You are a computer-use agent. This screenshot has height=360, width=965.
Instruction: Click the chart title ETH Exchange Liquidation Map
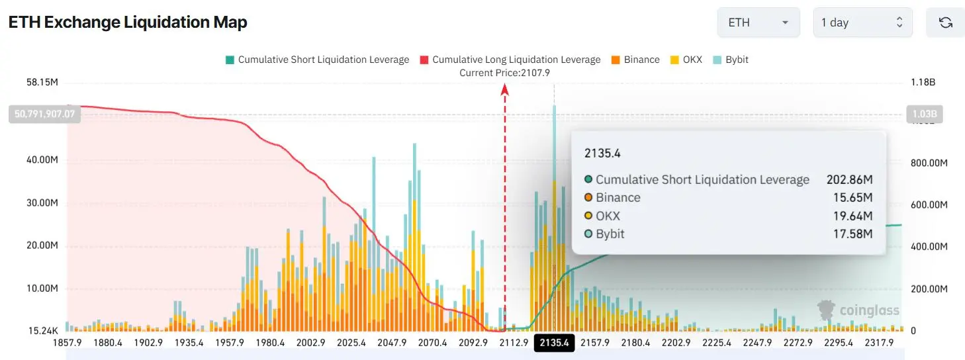point(128,22)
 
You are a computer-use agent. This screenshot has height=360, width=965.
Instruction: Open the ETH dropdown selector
point(758,22)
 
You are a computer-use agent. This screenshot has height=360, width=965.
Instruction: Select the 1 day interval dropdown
point(862,22)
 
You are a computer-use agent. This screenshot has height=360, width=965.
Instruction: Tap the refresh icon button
point(945,22)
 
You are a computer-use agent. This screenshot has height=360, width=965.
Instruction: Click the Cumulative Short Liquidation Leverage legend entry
point(317,60)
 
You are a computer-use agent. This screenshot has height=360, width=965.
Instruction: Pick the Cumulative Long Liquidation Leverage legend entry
point(510,60)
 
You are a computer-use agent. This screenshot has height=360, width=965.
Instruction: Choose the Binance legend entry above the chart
point(635,60)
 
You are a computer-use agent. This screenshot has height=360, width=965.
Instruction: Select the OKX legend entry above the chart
point(686,60)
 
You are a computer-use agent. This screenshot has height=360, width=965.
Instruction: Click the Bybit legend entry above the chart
point(730,60)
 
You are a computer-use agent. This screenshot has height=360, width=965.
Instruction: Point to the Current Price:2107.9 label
point(505,73)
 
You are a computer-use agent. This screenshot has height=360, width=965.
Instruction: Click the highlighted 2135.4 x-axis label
point(554,343)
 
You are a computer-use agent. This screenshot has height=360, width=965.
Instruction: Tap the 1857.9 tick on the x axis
point(68,343)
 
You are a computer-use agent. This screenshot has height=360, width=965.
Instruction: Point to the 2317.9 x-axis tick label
point(878,343)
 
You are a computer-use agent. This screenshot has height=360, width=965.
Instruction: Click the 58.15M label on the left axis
point(42,83)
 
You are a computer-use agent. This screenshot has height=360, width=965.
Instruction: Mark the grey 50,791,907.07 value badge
point(44,114)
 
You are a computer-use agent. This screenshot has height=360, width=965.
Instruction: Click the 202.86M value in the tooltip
point(849,180)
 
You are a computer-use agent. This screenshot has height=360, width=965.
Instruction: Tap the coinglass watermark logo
point(858,310)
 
